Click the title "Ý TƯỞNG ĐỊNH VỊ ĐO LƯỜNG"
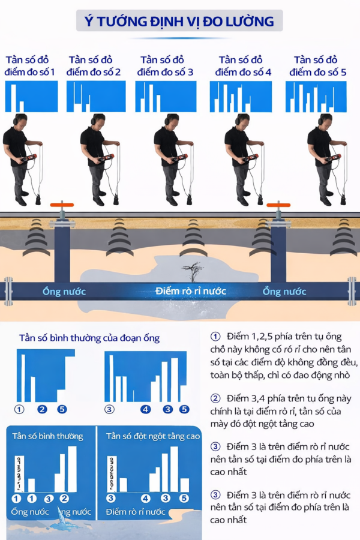tap(179, 22)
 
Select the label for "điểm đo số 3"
tap(165, 66)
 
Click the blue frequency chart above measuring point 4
tap(241, 97)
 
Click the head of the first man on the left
tap(20, 120)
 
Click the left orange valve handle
tap(62, 206)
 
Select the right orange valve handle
tap(278, 206)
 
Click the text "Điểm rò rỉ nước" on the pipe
tap(190, 291)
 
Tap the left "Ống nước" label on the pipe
tap(64, 292)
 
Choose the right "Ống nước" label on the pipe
tap(284, 292)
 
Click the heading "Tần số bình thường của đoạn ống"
tap(89, 338)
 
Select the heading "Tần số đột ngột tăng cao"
tap(153, 436)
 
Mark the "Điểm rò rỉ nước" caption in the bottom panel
tap(135, 512)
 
